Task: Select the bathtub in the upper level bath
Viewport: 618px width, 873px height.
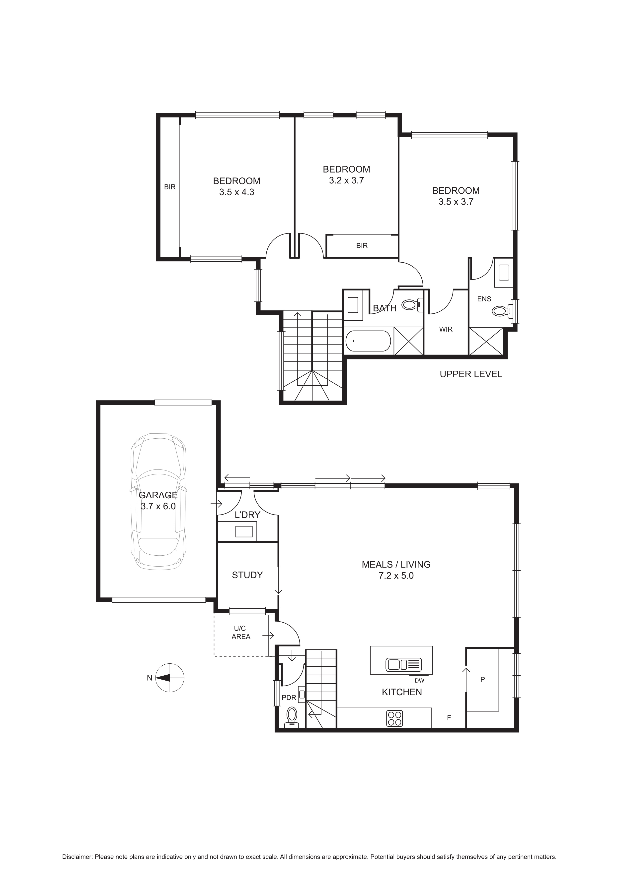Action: [368, 341]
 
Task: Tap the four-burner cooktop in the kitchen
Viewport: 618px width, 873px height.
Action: [395, 718]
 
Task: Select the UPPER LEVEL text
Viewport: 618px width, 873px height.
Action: [471, 374]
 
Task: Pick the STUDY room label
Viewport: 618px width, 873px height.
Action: [247, 575]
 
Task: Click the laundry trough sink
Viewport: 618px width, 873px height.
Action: [244, 531]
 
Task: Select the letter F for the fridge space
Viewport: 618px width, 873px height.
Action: [449, 718]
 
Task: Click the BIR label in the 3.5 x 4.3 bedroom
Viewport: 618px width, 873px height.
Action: [170, 187]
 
